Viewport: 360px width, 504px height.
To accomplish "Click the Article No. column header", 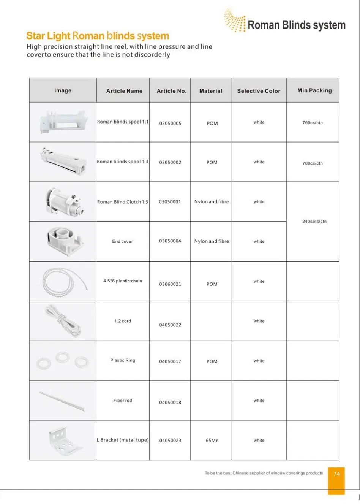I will [171, 91].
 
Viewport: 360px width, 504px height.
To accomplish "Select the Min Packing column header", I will [314, 90].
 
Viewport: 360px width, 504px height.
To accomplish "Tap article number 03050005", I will [170, 124].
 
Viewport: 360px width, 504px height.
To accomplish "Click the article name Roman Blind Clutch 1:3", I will [123, 202].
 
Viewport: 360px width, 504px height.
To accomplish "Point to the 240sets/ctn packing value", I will [314, 221].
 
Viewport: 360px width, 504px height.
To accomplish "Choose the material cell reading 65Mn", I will [212, 441].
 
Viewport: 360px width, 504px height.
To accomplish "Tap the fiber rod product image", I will [63, 401].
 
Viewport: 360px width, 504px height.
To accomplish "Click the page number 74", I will [336, 474].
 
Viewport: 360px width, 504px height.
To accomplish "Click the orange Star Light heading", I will [98, 36].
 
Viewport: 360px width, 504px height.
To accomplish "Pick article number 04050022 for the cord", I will [170, 325].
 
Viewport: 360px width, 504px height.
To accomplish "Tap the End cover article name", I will [123, 241].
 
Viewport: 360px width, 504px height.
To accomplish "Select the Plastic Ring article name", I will [123, 360].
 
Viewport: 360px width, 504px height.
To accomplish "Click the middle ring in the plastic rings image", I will [62, 357].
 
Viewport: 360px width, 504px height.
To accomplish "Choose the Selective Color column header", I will [259, 91].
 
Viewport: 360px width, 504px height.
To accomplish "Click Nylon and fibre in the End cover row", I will [212, 241].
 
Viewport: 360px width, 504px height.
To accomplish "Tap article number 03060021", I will [170, 284].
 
